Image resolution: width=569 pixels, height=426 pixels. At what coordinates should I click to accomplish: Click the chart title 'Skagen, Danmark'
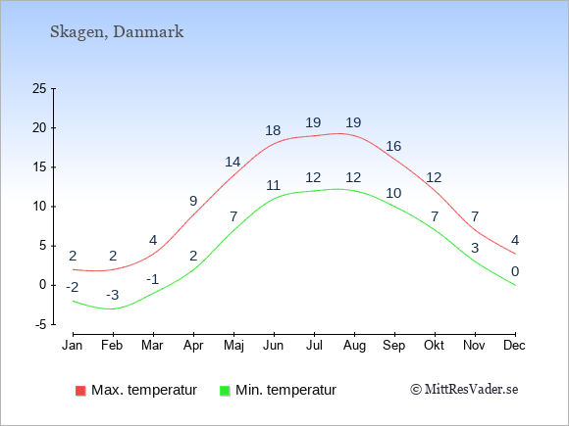click(117, 32)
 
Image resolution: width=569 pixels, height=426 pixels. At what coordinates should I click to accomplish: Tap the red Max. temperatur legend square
click(80, 391)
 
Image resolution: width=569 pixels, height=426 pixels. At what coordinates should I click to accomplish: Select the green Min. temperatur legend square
click(225, 391)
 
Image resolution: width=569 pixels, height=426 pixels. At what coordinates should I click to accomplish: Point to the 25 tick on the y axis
click(39, 88)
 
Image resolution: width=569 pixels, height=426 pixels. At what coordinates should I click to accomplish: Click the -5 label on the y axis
click(40, 324)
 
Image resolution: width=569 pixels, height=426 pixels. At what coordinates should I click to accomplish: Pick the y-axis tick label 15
click(39, 167)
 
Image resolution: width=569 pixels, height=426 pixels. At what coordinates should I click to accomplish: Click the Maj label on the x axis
click(233, 346)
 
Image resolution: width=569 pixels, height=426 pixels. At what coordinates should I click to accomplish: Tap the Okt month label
click(434, 346)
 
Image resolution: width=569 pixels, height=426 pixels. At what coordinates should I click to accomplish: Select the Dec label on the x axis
click(514, 346)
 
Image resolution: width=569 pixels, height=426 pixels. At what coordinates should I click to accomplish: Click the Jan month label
click(73, 346)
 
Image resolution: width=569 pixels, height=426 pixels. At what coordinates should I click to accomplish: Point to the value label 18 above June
click(273, 130)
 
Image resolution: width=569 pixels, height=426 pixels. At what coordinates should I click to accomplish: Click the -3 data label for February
click(113, 295)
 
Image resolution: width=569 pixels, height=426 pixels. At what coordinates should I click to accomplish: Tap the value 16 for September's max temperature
click(393, 146)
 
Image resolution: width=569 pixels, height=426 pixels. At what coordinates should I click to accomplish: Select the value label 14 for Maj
click(233, 162)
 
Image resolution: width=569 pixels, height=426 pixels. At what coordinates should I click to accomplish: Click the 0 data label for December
click(515, 271)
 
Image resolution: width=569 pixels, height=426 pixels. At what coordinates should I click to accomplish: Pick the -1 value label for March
click(152, 280)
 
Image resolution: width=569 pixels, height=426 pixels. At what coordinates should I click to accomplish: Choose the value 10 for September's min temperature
click(393, 193)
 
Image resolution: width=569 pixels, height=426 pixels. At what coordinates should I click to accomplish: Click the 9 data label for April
click(193, 201)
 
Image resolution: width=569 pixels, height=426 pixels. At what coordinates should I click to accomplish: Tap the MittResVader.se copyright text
click(464, 390)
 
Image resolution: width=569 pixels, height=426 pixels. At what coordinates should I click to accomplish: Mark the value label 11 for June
click(274, 185)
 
